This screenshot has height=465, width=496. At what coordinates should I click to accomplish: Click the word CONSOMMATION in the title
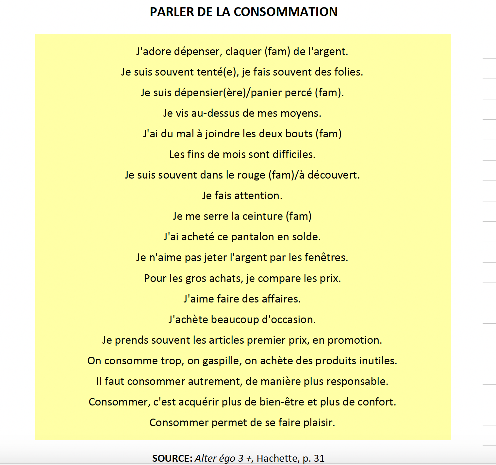(x=286, y=12)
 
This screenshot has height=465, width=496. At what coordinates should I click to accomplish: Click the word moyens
(x=301, y=113)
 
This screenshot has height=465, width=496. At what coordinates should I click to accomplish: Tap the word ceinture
(x=262, y=216)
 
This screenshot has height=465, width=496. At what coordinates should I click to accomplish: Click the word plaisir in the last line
(x=319, y=422)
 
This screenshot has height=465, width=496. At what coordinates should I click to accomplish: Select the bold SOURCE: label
(x=172, y=458)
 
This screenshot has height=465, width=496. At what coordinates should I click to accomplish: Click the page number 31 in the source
(x=319, y=458)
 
